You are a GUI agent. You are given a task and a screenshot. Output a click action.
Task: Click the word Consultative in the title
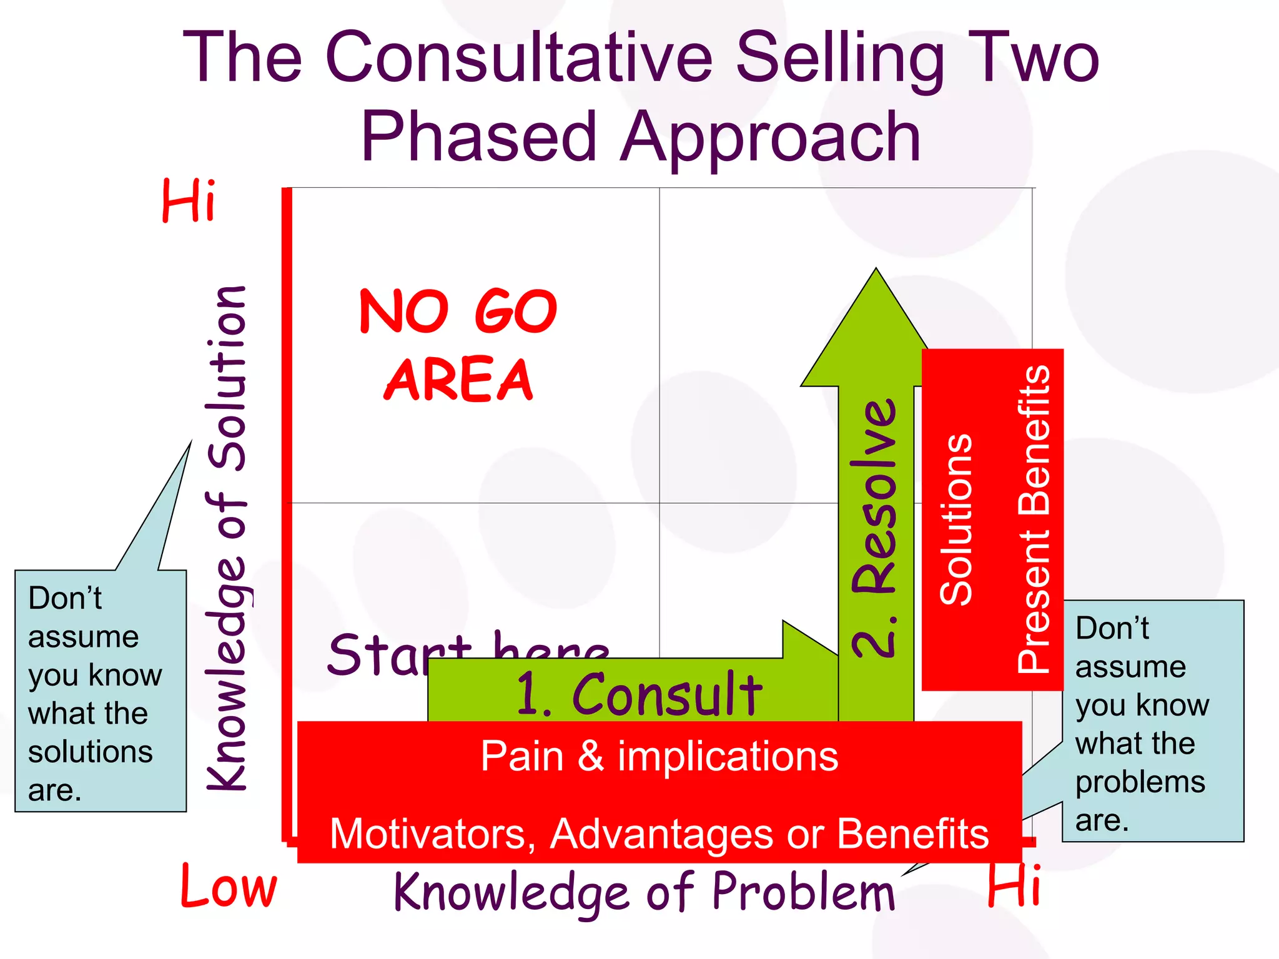(x=518, y=57)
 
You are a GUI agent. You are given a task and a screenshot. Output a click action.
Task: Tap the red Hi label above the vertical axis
(x=189, y=200)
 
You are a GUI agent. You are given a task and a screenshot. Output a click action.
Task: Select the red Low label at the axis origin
(x=229, y=887)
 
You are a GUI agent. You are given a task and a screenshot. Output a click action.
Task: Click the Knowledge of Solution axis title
(x=227, y=537)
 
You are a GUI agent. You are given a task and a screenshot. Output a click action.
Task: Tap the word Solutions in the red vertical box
(x=956, y=519)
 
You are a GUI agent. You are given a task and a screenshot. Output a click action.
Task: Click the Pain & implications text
(x=659, y=756)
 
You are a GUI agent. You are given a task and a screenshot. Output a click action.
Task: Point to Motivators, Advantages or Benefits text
(x=659, y=834)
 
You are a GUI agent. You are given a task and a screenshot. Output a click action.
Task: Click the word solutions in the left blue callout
(x=91, y=752)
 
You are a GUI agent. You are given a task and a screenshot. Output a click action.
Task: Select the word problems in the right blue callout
(x=1140, y=782)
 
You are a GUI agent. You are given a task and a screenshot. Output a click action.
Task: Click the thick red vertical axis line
(x=287, y=512)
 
